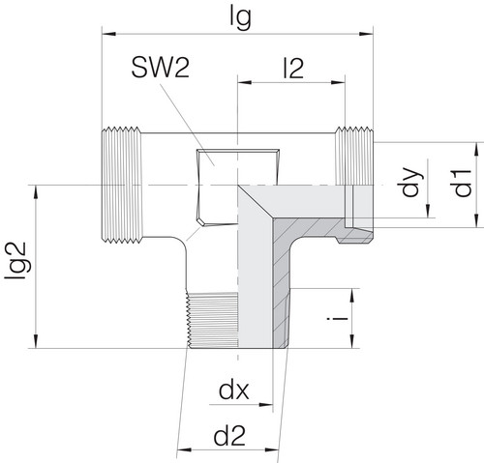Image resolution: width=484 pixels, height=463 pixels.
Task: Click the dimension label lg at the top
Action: click(240, 18)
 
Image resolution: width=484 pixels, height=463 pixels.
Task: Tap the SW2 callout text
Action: click(161, 68)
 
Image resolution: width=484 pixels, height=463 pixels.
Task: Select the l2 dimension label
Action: click(293, 69)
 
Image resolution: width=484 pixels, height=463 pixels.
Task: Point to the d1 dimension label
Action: click(463, 183)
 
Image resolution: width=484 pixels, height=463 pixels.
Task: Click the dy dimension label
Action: click(411, 182)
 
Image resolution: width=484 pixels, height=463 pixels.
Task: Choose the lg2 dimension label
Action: click(15, 261)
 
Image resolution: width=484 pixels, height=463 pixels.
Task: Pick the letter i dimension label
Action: click(338, 319)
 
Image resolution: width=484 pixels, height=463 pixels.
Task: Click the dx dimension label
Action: click(234, 391)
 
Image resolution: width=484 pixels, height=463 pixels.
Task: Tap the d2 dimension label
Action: click(229, 436)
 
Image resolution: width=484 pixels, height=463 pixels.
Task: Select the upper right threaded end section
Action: click(354, 156)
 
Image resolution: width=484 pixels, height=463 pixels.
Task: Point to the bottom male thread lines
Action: click(213, 320)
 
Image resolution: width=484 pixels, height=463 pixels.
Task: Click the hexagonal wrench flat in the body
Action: click(237, 188)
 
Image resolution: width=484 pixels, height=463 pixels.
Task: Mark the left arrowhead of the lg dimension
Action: click(108, 34)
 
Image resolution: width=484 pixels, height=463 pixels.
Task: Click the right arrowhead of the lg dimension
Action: click(367, 34)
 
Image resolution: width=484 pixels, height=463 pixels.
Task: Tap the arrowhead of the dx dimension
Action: click(266, 404)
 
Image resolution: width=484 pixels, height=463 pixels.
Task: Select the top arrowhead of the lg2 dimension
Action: click(36, 192)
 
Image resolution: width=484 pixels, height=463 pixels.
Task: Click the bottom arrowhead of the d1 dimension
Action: click(476, 220)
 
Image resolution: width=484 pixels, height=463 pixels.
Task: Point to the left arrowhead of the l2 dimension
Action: click(244, 82)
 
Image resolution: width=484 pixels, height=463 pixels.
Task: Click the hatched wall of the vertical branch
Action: click(282, 283)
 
